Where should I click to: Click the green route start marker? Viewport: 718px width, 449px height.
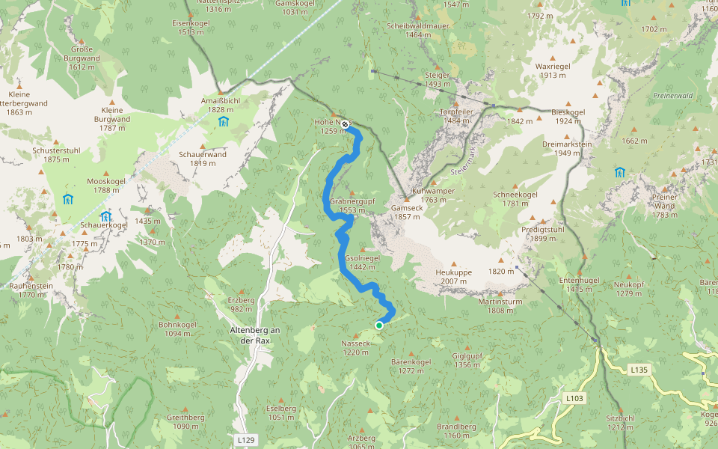click(379, 326)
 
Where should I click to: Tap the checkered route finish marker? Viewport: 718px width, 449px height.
click(345, 124)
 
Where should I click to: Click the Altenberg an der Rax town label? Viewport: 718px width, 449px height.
click(254, 335)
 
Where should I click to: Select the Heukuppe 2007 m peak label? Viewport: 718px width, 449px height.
click(453, 277)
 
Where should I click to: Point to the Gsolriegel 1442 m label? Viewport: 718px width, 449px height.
click(363, 262)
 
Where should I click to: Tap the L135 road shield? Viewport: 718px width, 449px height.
click(638, 370)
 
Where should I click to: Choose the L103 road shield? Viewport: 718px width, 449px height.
click(574, 398)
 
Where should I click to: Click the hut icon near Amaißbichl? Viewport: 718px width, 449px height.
click(223, 121)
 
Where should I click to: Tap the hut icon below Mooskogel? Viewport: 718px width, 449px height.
click(68, 199)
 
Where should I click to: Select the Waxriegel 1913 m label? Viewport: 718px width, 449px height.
click(555, 70)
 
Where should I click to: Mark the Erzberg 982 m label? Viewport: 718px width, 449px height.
click(242, 304)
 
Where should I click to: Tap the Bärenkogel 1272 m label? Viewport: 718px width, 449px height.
click(411, 366)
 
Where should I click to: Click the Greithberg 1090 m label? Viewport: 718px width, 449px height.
click(186, 421)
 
